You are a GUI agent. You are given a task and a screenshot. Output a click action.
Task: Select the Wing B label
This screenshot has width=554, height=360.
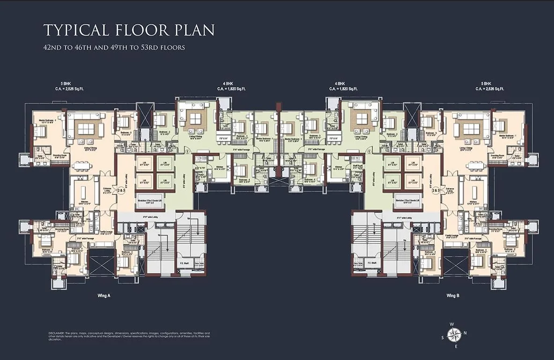tap(453, 296)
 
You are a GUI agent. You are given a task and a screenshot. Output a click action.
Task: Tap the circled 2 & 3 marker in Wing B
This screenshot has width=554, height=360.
tap(436, 191)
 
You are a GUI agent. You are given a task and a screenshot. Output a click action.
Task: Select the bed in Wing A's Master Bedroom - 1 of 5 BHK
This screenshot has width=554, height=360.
tap(40, 132)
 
